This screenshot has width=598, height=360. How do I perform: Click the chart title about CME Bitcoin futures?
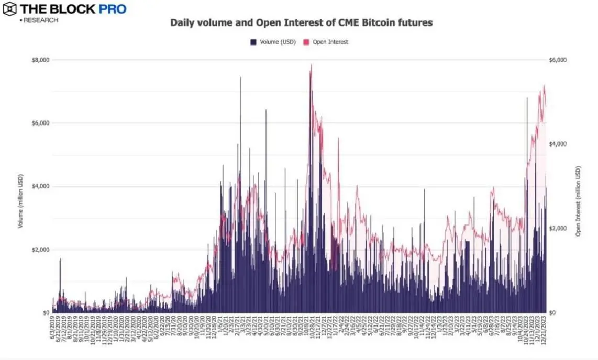tap(301, 23)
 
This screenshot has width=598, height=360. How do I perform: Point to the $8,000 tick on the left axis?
tap(40, 60)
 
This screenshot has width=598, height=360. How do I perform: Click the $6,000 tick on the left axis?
tap(40, 123)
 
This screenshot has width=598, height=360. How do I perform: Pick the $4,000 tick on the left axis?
tap(40, 186)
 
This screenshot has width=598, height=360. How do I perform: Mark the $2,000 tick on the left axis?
tap(40, 250)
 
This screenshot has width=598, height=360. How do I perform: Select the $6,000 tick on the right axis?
tap(558, 60)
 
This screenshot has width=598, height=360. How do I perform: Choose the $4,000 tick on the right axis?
tap(558, 144)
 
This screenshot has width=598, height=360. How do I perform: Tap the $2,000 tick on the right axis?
tap(558, 229)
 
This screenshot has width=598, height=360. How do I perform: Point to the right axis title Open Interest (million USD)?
tap(579, 201)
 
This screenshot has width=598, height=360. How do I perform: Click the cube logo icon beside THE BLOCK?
tap(9, 9)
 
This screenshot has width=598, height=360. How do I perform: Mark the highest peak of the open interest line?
tap(312, 65)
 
